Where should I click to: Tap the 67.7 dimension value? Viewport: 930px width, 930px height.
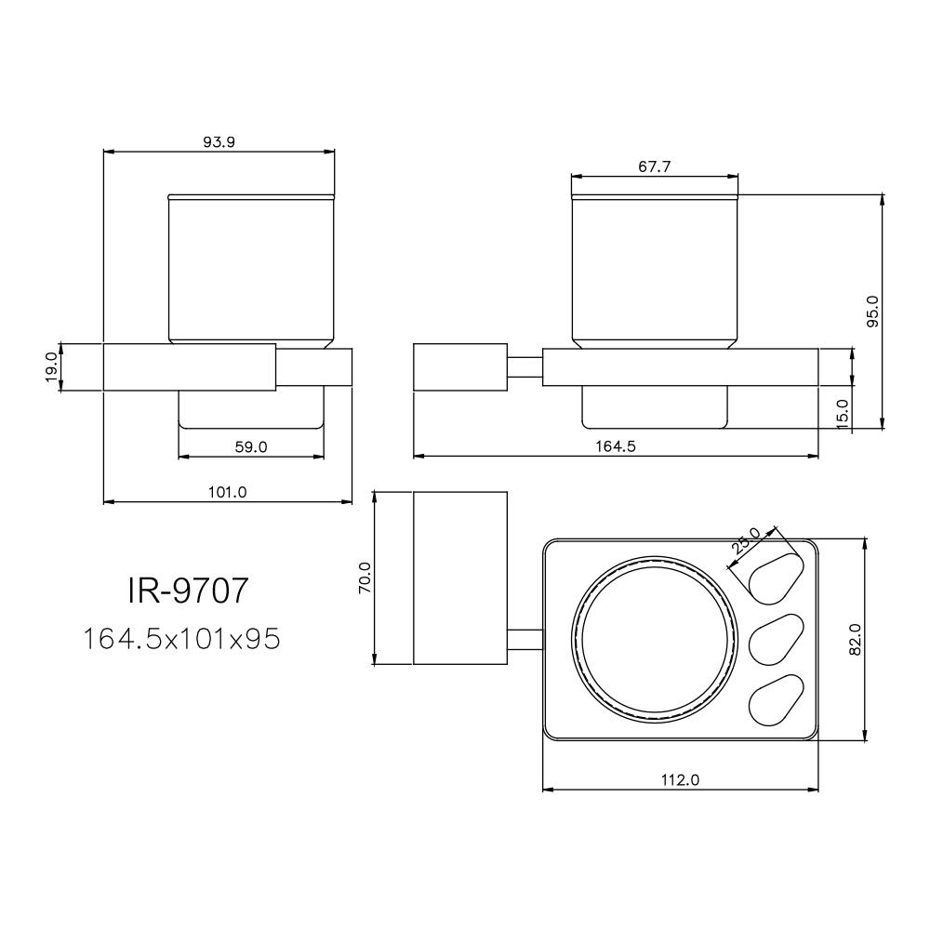coord(655,166)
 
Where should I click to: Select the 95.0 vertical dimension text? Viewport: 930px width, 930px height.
coord(871,312)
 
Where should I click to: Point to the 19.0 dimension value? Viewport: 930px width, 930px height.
coord(51,366)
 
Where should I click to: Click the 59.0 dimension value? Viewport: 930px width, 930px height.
coord(250,446)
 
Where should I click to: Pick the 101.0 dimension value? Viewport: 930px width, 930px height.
coord(228,492)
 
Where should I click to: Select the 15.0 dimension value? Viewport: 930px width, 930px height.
coord(842,412)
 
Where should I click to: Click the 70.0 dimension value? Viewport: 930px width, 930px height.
coord(364,578)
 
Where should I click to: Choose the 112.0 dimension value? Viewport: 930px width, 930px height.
coord(681,779)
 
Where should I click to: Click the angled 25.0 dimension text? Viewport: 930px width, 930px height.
coord(746,541)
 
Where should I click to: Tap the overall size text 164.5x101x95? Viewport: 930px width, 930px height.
coord(181,639)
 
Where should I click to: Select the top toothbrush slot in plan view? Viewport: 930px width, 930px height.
coord(774,575)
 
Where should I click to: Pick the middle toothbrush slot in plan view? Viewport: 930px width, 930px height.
coord(774,638)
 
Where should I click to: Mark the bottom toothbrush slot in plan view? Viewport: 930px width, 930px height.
coord(774,700)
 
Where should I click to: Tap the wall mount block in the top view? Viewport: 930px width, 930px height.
coord(459,578)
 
